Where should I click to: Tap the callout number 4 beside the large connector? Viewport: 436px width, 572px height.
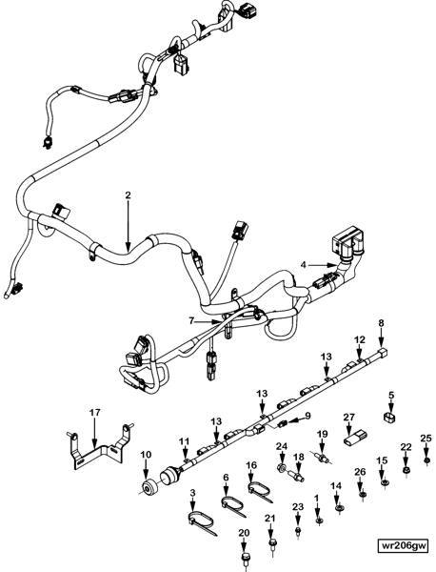(x=303, y=263)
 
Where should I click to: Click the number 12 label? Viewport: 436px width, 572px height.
(x=359, y=338)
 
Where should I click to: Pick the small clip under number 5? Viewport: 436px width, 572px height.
(x=389, y=418)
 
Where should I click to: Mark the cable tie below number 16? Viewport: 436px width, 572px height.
(x=259, y=491)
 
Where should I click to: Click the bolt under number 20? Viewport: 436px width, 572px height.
(x=244, y=556)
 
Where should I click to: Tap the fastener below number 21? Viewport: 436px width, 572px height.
(x=272, y=543)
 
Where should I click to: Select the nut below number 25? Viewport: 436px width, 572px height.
(x=426, y=460)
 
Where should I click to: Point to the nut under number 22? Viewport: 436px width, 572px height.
(x=406, y=468)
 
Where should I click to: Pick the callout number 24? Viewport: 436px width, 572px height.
(x=282, y=445)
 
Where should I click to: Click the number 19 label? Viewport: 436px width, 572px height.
(x=322, y=435)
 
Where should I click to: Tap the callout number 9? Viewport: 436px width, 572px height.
(x=307, y=415)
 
